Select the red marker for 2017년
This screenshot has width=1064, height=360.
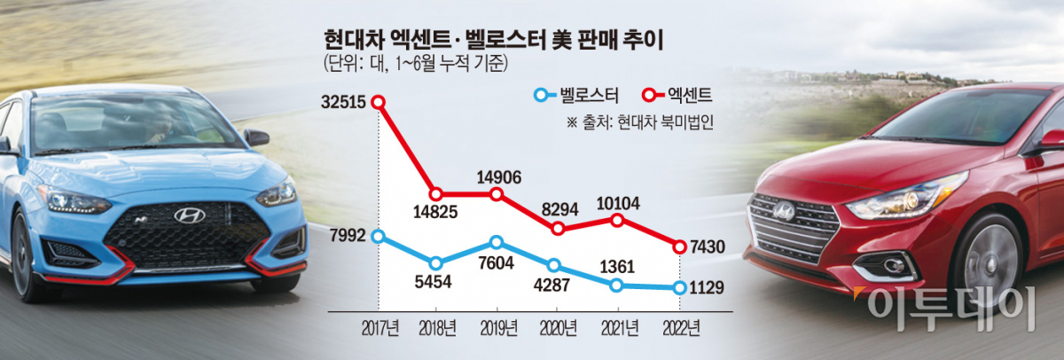point(379,102)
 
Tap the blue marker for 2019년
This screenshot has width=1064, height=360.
point(497,242)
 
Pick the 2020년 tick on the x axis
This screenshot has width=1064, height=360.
point(558,327)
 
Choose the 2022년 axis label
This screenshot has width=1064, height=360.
point(679,327)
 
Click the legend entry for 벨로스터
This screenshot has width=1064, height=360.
point(575,94)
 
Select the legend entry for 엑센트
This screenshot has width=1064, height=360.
point(678,94)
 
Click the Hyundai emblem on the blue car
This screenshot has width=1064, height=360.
point(189,215)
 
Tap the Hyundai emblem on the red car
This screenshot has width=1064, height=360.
point(784,211)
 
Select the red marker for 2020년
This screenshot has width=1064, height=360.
point(558,229)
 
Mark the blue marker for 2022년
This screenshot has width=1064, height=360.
point(679,286)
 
